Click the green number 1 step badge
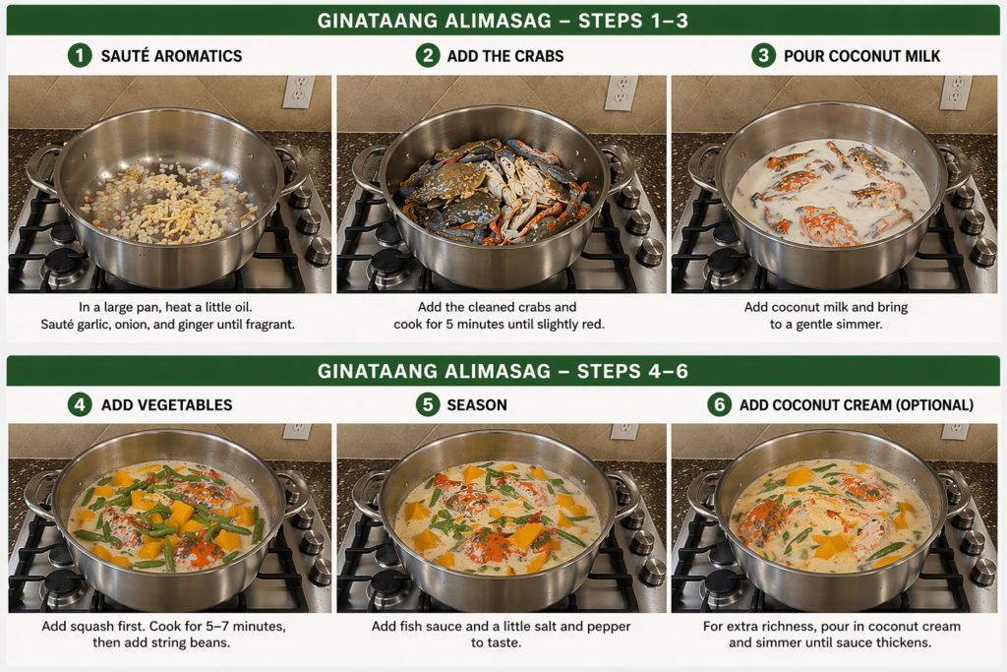(x=80, y=55)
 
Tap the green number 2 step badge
(x=428, y=55)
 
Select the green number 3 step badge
(x=763, y=55)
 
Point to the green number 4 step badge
(x=80, y=404)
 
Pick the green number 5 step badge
(x=428, y=404)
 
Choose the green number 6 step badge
(x=719, y=404)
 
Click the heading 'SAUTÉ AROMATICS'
(x=171, y=56)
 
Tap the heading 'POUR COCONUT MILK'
(x=861, y=56)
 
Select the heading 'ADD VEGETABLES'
(x=167, y=405)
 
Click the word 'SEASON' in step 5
(x=477, y=405)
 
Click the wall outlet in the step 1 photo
(x=299, y=92)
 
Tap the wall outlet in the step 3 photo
(x=956, y=92)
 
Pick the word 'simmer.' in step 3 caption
(x=860, y=325)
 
